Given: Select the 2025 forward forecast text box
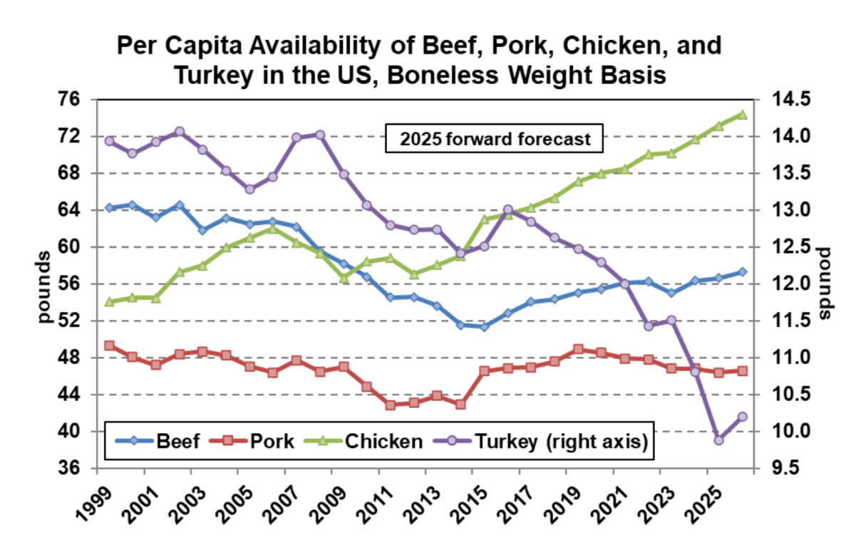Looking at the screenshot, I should (x=495, y=139).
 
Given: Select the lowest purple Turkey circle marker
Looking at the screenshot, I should (x=718, y=440).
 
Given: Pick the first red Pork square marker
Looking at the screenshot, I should (x=109, y=345).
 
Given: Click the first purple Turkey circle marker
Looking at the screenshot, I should (x=109, y=141).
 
